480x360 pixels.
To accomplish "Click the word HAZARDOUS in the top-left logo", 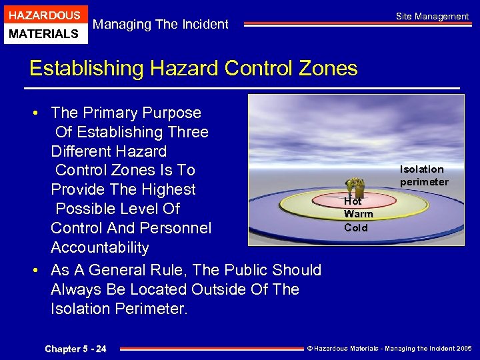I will pos(44,15).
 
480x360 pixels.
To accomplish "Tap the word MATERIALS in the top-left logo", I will pos(44,33).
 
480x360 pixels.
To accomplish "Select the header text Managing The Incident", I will pos(161,25).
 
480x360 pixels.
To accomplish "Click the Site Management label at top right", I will pos(432,16).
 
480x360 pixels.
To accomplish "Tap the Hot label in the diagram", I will pos(353,201).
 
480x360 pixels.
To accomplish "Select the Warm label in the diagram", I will pos(358,214).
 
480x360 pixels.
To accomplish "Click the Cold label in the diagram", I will pos(356,227).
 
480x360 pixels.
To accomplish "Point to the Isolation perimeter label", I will pos(423,175).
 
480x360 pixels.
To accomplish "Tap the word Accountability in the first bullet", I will pos(100,247).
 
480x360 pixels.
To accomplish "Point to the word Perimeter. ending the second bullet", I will pos(154,309).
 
